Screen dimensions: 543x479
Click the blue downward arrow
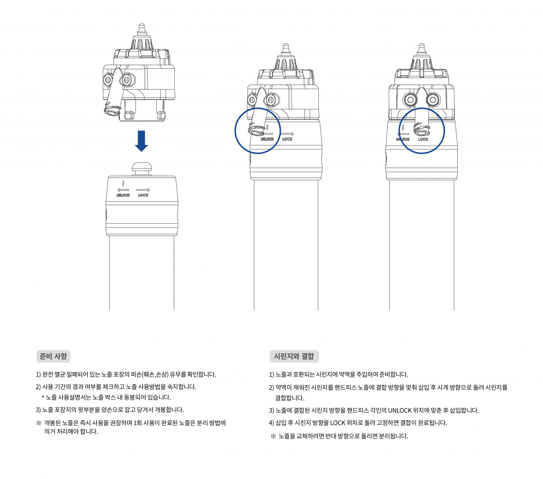141,141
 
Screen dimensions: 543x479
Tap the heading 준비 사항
53,356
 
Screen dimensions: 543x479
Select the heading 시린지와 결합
294,356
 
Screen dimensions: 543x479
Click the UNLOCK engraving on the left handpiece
123,195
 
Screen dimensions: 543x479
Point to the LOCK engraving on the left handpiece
143,195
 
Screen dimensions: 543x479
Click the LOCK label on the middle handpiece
287,139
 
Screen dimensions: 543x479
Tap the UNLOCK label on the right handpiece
403,139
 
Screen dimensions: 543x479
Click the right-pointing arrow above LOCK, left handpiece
143,190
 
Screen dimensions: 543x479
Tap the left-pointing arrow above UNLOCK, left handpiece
123,190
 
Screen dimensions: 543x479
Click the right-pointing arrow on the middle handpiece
287,134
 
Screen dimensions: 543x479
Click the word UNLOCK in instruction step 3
400,410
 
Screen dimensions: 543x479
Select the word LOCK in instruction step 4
338,423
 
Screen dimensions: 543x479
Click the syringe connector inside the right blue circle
420,129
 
